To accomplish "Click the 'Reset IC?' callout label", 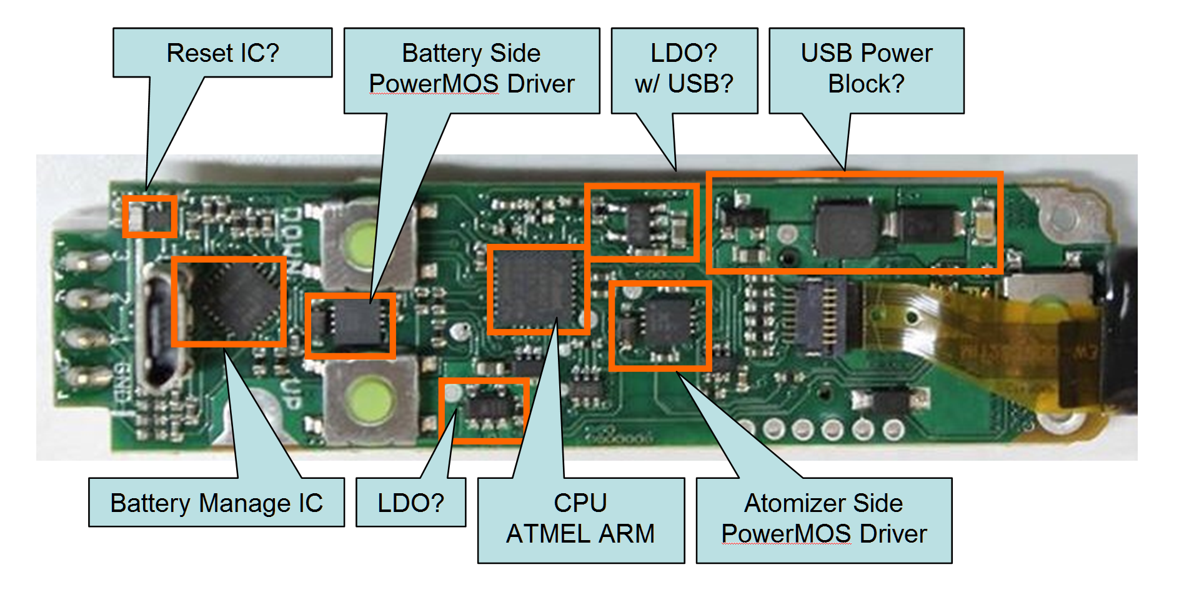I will tap(222, 53).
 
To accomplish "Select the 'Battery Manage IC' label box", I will tap(216, 503).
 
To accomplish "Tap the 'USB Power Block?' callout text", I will tap(866, 69).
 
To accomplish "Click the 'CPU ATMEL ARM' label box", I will tap(580, 519).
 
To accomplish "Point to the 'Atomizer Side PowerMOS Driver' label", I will tap(823, 519).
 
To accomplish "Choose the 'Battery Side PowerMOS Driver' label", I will tap(471, 69).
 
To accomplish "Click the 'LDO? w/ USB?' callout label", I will tap(684, 69).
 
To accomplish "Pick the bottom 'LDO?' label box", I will tap(410, 503).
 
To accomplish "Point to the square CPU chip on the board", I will tap(536, 289).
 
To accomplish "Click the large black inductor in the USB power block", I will tap(845, 228).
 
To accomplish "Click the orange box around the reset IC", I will tap(149, 216).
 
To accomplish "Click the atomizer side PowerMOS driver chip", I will tap(667, 322).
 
